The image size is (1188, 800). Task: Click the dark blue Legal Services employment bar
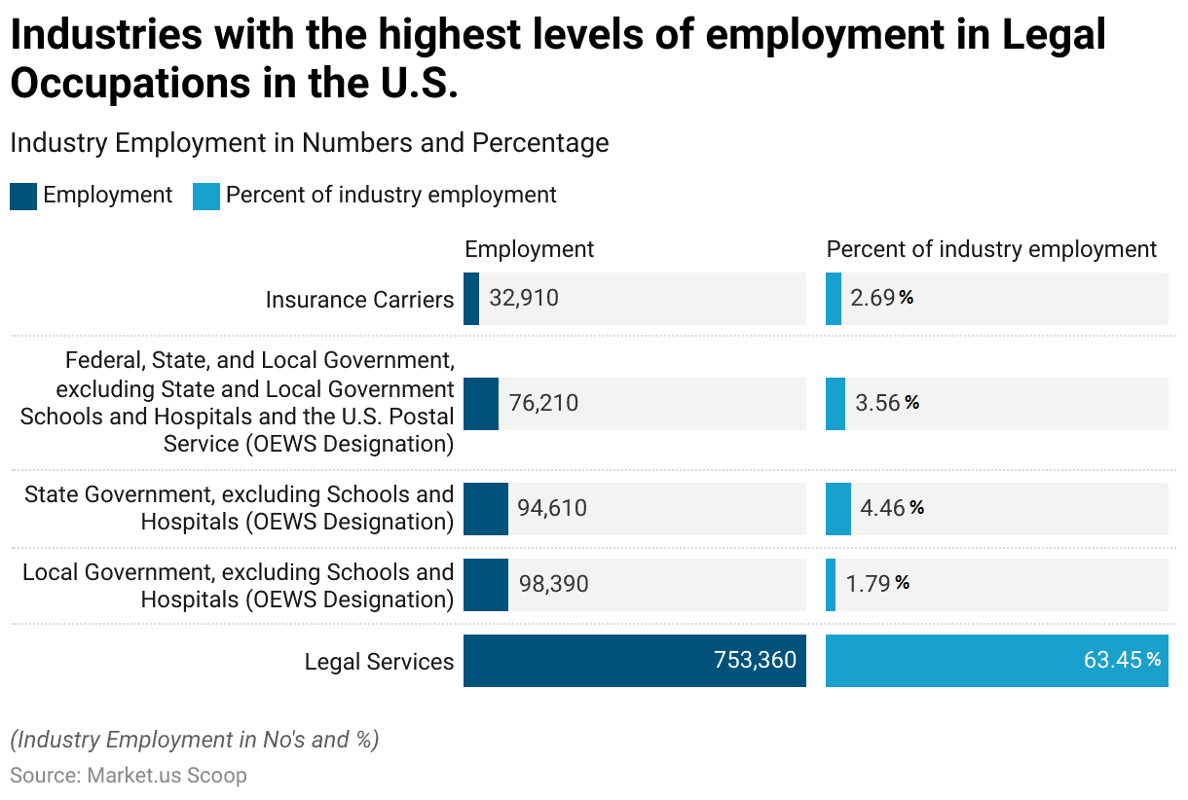coord(634,661)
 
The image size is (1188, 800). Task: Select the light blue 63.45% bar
coord(996,661)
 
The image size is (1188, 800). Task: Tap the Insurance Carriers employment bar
coord(471,298)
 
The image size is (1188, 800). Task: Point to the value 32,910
coord(524,298)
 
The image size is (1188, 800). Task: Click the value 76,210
coord(543,403)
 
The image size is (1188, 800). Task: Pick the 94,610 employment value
coord(552,508)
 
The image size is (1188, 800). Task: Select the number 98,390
coord(553,584)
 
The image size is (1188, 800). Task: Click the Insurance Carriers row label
coord(359,300)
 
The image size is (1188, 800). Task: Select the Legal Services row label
coord(379,662)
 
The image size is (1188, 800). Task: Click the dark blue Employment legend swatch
coord(23,196)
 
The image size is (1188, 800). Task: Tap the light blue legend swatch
coord(206,196)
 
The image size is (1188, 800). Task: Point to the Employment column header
coord(529,249)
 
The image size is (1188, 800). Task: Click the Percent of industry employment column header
coord(991,249)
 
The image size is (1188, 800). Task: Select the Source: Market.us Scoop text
coord(129,776)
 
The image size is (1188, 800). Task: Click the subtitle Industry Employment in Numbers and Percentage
coord(309,143)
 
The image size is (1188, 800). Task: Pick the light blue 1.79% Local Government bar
coord(831,584)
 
